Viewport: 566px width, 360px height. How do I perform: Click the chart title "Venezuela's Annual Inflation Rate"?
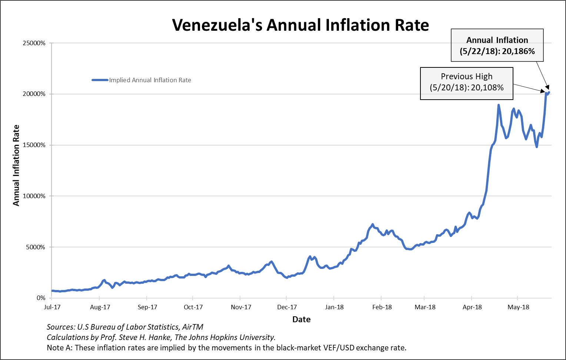click(300, 25)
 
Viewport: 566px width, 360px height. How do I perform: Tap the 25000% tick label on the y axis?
click(34, 43)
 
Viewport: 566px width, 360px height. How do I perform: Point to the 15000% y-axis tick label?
click(34, 145)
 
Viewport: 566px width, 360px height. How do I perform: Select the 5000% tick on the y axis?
click(36, 247)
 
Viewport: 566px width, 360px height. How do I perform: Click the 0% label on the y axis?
click(41, 298)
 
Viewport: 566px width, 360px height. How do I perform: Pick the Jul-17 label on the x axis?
click(52, 307)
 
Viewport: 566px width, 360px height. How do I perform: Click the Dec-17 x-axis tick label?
click(287, 307)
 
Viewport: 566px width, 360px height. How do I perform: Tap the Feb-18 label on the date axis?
click(382, 307)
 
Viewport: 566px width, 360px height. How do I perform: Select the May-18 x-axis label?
click(518, 307)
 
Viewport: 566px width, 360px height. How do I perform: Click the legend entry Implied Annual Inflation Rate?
click(150, 80)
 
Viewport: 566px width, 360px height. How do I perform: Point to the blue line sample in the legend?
click(100, 80)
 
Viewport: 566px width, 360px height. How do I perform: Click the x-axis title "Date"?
click(301, 319)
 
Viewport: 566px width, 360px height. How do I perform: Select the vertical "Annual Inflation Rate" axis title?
click(16, 165)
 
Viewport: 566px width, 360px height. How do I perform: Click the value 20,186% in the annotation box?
click(518, 51)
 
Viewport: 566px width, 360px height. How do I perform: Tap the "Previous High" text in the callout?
click(466, 76)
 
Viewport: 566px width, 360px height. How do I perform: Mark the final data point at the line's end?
click(549, 92)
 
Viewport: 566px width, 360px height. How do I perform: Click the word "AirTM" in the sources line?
click(193, 327)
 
